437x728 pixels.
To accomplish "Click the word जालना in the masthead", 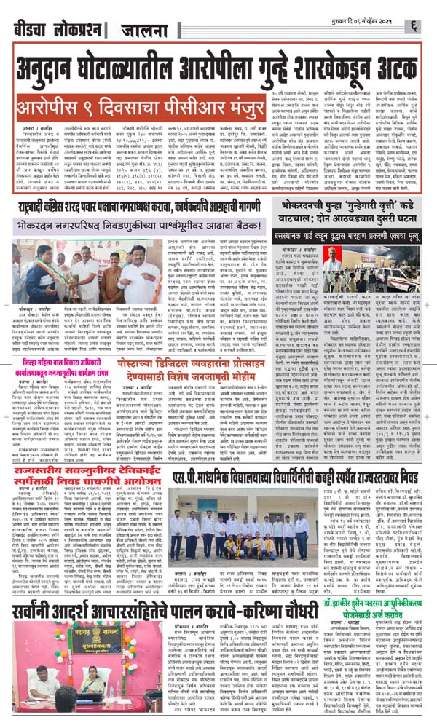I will click(x=131, y=31).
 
